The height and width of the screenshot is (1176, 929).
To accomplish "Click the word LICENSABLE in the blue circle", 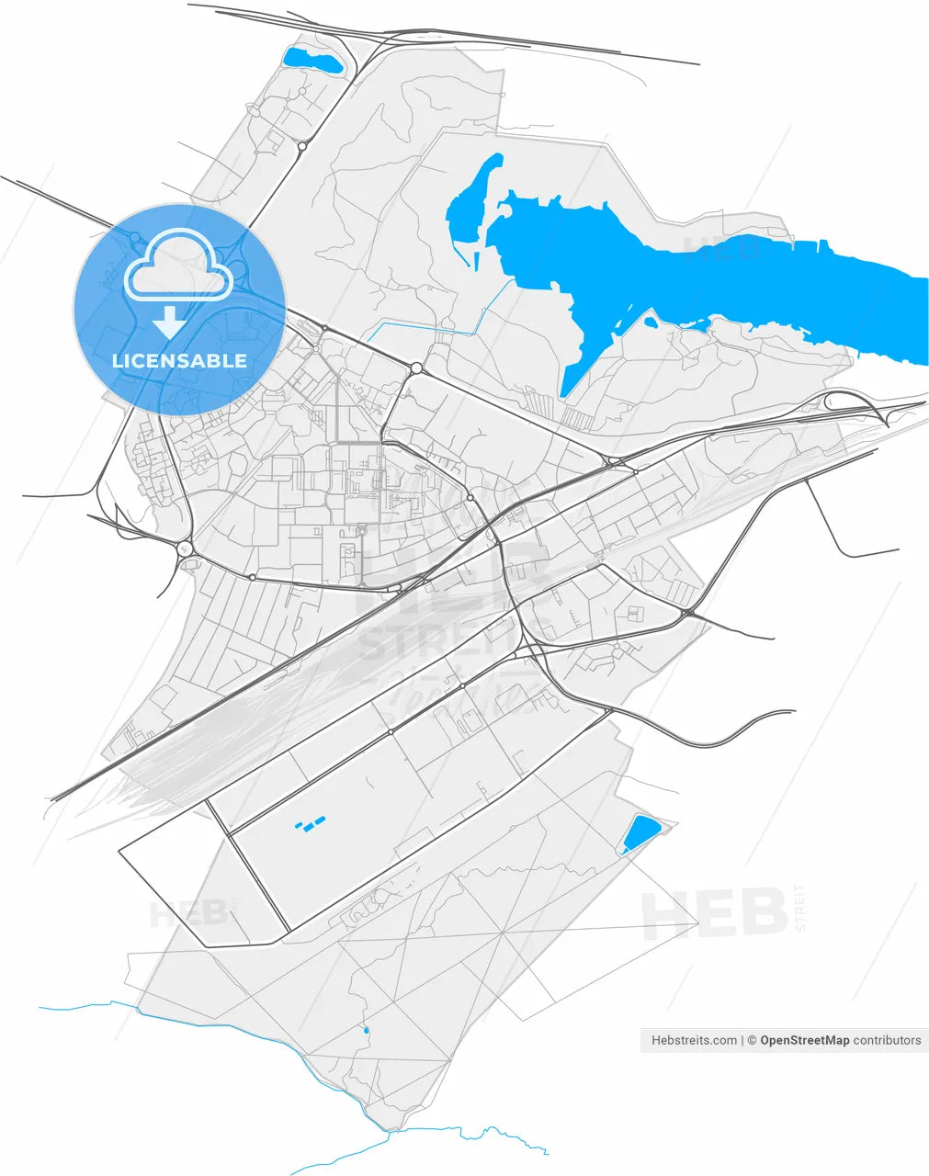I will point(179,361).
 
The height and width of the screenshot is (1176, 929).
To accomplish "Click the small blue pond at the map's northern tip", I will point(312,62).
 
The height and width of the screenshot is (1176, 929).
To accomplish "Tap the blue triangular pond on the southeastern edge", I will point(640,833).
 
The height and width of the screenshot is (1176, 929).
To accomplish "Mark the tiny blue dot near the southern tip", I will point(367,1030).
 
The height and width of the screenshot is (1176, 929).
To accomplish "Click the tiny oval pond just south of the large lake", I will point(649,322).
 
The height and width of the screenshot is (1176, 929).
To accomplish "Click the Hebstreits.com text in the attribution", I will point(694,1040).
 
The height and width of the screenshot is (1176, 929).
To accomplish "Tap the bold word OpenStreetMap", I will point(804,1040).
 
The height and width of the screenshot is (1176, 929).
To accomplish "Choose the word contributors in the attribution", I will point(887,1040).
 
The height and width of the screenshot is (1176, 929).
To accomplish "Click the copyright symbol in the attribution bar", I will point(752,1040).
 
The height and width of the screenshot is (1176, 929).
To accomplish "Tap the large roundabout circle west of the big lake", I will point(416,367).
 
